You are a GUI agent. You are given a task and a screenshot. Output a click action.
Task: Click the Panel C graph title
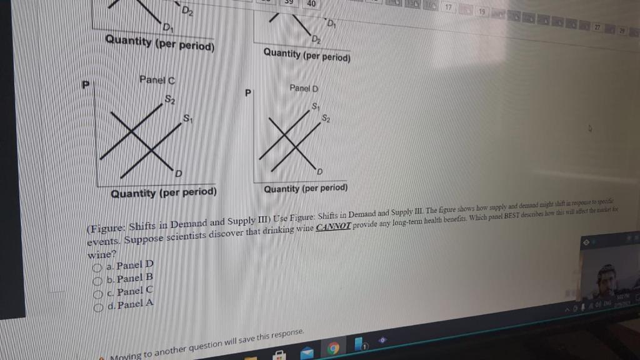pos(156,80)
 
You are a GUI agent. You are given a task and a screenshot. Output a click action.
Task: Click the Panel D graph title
pos(304,88)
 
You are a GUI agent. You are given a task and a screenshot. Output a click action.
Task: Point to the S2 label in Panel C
pos(170,98)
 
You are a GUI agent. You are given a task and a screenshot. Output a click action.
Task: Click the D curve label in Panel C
pos(178,172)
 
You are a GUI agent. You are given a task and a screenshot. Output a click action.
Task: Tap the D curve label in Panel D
pos(319,171)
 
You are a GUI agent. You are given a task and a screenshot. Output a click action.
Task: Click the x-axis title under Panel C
pos(164,192)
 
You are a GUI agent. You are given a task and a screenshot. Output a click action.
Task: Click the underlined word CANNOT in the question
pos(334,226)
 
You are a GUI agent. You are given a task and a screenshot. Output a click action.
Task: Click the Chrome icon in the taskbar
pos(333,349)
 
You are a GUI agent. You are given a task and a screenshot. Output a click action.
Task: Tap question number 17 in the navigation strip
pos(448,7)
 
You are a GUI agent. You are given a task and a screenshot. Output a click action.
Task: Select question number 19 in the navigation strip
pos(482,11)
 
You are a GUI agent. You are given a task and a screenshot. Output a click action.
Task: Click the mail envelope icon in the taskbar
pos(307,352)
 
